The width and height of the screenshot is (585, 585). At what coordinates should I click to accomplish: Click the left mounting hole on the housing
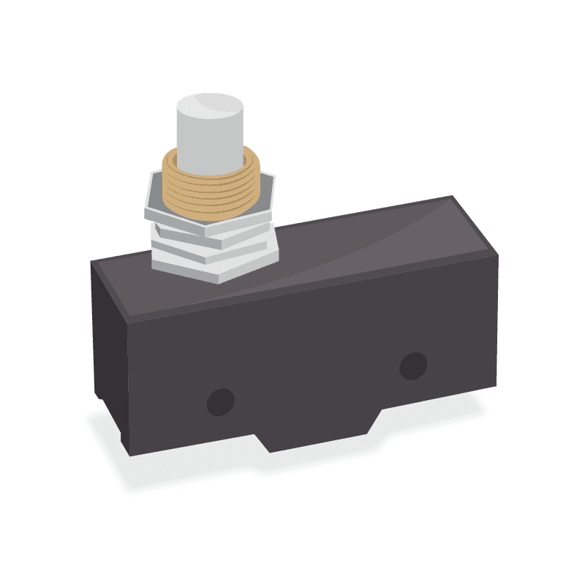coord(221,401)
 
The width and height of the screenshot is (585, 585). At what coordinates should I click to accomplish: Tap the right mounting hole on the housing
coord(413,366)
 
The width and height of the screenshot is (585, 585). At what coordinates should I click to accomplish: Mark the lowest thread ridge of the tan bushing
coord(212,214)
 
